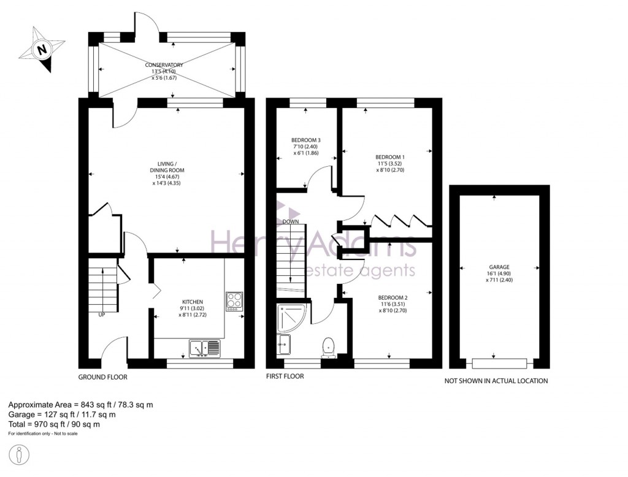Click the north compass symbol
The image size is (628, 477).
tap(42, 50)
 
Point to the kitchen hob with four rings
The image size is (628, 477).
tap(234, 301)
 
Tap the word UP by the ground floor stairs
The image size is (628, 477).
tap(101, 315)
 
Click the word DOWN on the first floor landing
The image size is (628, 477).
tap(291, 222)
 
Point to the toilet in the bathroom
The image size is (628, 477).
tap(329, 346)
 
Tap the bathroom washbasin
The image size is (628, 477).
tap(283, 344)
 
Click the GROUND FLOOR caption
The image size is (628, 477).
tap(103, 377)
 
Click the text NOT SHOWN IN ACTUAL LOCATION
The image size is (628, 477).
tap(496, 381)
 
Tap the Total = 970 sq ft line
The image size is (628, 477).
tap(54, 424)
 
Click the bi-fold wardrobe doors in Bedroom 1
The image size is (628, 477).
tap(401, 219)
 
